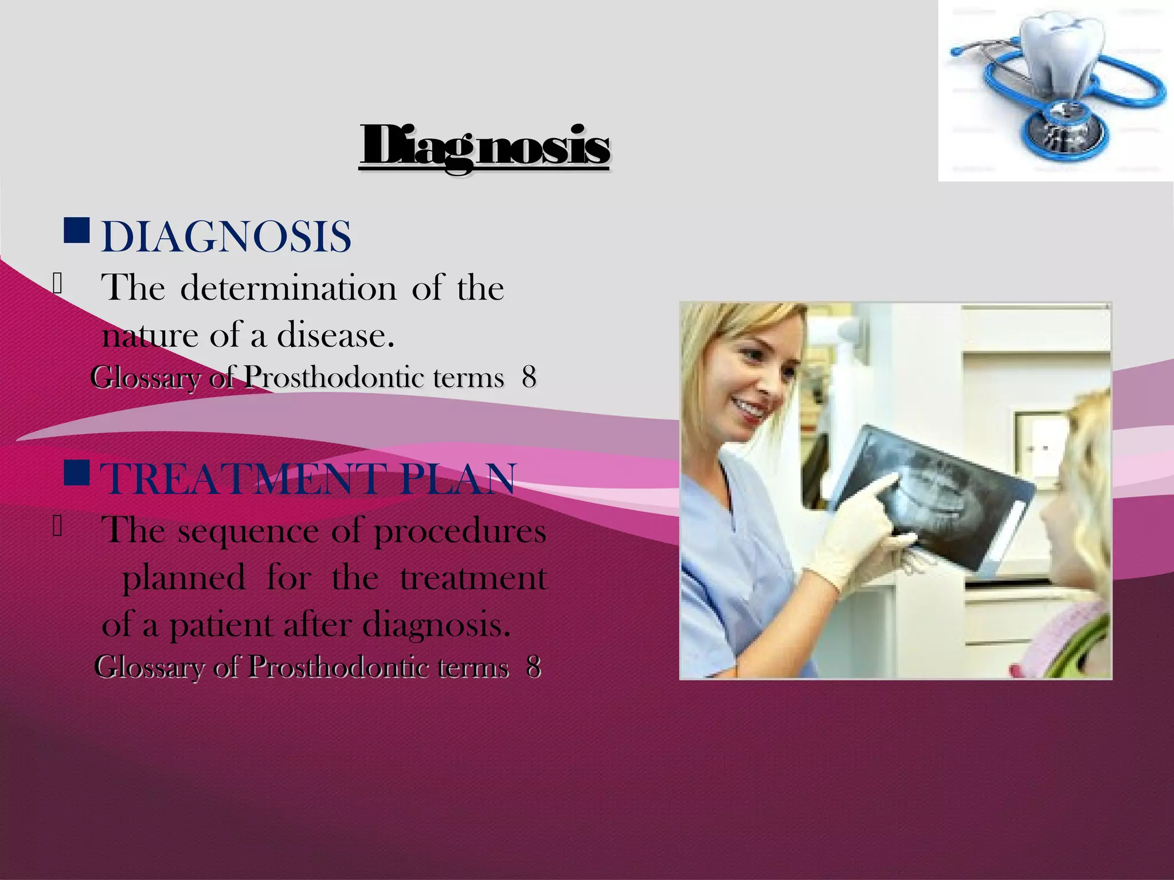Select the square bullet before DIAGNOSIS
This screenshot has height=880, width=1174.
76,230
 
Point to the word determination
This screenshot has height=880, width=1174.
288,288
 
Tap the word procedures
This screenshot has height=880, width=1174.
460,532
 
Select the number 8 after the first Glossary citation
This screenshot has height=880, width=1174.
529,378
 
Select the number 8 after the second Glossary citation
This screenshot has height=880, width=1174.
534,667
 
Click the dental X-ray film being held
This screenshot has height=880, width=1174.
934,493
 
